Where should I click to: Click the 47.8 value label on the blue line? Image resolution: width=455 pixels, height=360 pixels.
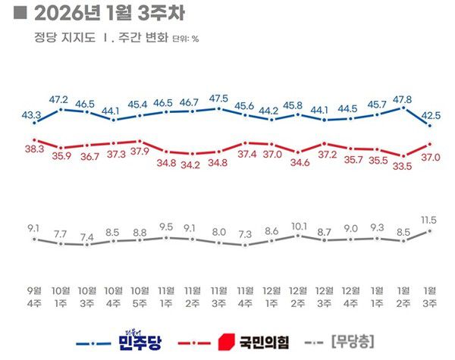[403, 99]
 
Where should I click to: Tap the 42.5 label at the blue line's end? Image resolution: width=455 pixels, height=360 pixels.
[431, 115]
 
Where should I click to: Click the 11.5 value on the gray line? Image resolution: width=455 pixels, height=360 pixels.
[431, 218]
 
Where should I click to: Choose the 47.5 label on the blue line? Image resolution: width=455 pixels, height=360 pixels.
[218, 99]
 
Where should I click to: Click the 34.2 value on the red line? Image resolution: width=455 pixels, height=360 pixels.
[192, 165]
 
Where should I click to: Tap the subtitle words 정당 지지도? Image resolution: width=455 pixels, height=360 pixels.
[58, 36]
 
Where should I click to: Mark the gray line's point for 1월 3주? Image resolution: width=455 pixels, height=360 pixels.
[431, 230]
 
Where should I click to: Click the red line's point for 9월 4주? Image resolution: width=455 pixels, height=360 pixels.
[33, 139]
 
